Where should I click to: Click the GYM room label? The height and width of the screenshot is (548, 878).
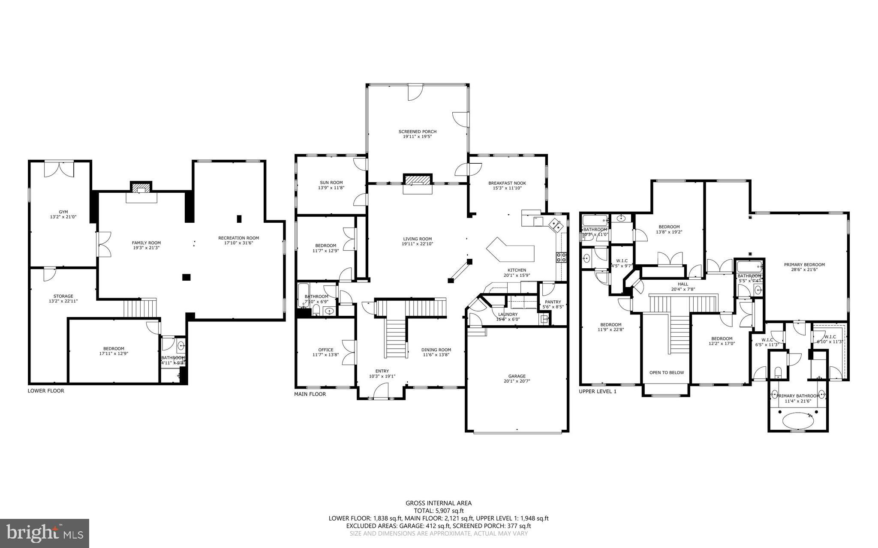[x=63, y=212]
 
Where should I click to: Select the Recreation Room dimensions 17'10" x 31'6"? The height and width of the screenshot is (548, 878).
[x=238, y=243]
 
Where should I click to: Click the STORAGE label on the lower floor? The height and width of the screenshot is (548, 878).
[x=63, y=296]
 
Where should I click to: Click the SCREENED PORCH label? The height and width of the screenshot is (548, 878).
[x=417, y=132]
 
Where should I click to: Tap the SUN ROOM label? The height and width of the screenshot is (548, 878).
[x=331, y=183]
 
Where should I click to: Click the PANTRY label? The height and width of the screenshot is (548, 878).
[x=553, y=302]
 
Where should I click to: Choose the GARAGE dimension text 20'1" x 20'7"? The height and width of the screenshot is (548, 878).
[x=517, y=381]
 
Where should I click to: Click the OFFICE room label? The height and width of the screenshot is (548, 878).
[x=325, y=350]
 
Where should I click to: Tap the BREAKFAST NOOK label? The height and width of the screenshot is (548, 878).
[x=507, y=183]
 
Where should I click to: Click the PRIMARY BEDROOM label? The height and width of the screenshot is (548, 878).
[x=804, y=264]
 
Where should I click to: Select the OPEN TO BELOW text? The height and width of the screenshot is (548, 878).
[x=666, y=372]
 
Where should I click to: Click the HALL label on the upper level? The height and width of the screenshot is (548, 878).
[x=683, y=284]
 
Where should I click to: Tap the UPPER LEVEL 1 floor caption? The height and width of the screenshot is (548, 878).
[x=597, y=391]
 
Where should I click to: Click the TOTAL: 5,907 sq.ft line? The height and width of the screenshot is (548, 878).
[x=438, y=511]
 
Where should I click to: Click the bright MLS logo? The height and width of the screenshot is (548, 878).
[x=45, y=533]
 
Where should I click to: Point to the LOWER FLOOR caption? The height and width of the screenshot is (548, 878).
[x=46, y=391]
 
